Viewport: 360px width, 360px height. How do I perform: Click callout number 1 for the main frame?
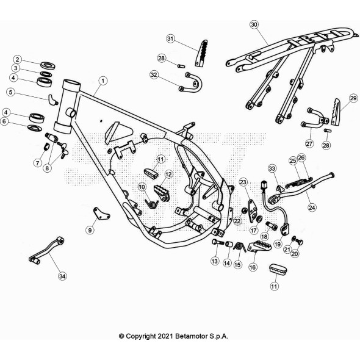coord(103,81)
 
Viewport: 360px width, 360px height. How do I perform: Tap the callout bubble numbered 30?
coord(254,25)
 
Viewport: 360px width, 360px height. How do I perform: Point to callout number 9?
coord(90,230)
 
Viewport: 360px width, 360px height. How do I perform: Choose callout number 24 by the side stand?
coord(312,207)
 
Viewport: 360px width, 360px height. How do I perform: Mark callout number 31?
coord(171,38)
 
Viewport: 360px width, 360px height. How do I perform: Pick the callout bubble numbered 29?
coord(353,98)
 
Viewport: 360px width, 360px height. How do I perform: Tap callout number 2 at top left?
coord(18,59)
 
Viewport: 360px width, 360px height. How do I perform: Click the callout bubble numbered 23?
coord(243,182)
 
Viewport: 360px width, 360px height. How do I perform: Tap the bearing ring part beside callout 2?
coord(46,64)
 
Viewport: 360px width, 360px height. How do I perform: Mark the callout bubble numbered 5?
coord(10,92)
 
